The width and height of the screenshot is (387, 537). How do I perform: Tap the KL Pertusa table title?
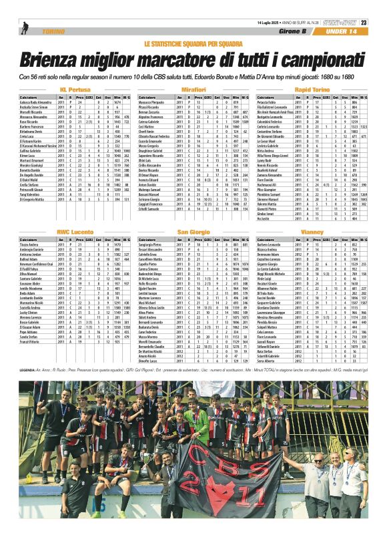coord(75,89)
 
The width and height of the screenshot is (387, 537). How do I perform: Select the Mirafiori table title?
coord(193,89)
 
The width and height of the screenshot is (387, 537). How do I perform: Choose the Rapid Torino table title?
coord(312,89)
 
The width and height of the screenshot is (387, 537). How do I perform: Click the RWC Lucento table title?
coord(75,231)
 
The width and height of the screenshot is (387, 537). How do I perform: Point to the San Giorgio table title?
coord(193,231)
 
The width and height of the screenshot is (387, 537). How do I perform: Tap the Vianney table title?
coord(312,231)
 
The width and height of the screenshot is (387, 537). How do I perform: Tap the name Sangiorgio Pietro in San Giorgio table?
coord(151,245)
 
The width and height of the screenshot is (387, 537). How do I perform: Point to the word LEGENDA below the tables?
coord(28,369)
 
